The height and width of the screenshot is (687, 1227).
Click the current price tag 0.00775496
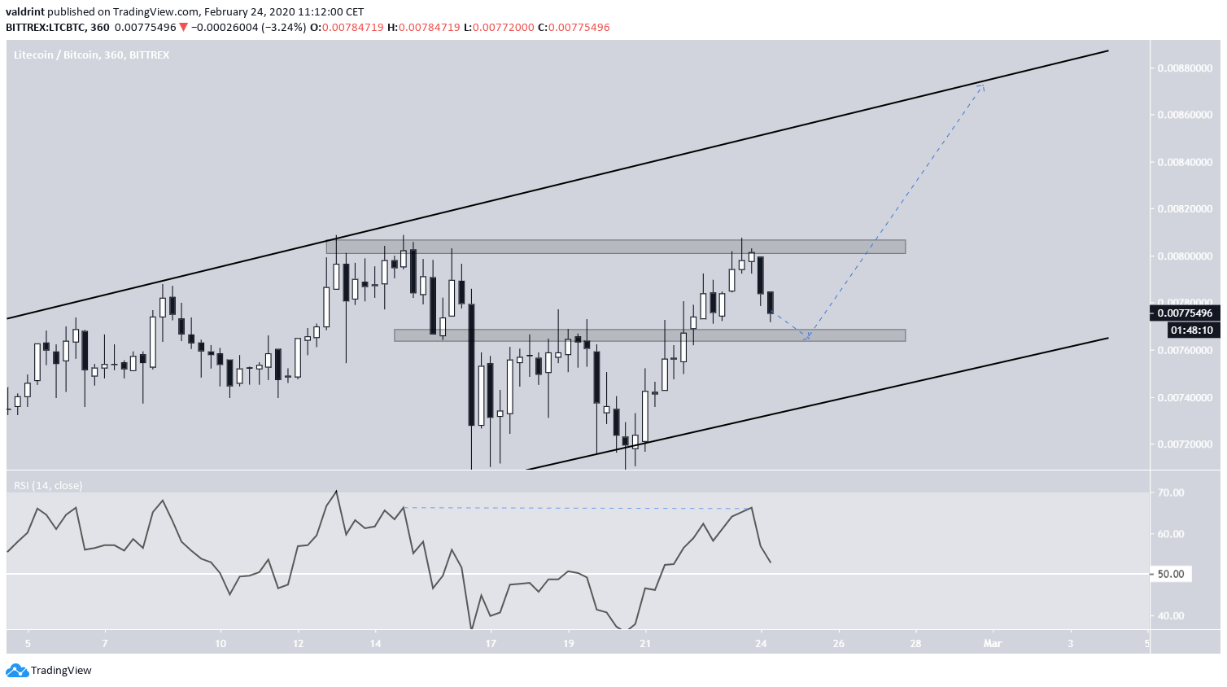[1185, 313]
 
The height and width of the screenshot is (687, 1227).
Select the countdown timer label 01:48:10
[1191, 330]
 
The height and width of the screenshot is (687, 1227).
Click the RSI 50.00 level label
[1170, 574]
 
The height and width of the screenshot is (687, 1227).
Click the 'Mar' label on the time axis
[992, 643]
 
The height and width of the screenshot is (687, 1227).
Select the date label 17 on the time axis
[491, 643]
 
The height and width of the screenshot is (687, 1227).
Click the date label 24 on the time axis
[762, 643]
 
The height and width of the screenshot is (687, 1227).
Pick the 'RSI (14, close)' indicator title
[47, 485]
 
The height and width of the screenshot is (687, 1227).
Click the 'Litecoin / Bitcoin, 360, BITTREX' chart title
[91, 55]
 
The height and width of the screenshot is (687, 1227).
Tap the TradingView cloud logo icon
[16, 671]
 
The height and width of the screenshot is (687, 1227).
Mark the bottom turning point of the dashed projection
[806, 339]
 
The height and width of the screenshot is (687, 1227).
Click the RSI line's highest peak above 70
[336, 491]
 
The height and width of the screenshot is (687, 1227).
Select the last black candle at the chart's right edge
[770, 302]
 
